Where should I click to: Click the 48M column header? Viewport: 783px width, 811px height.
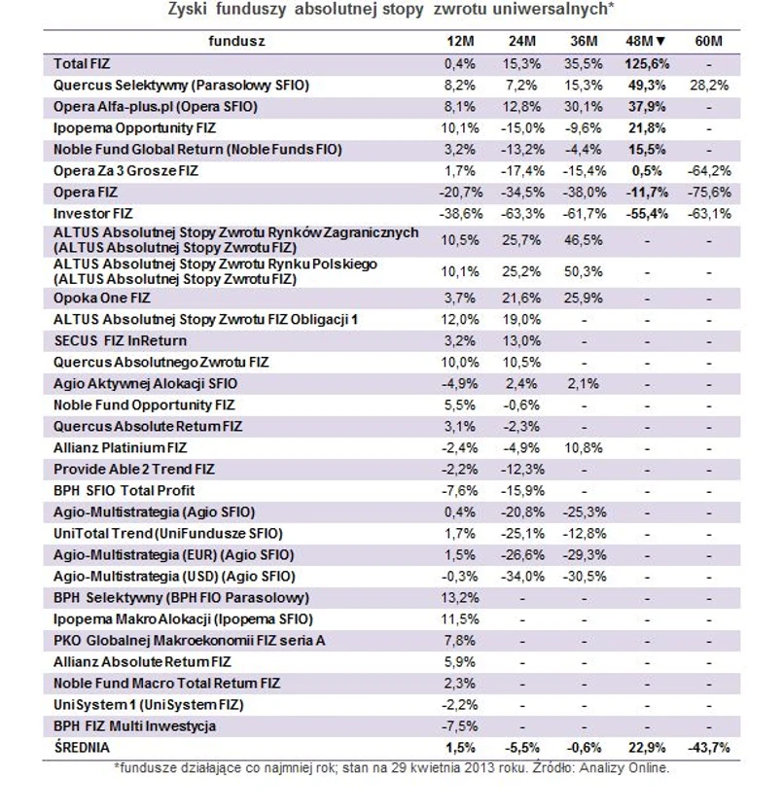(x=645, y=41)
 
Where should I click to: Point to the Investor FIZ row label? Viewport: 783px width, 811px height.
(x=93, y=213)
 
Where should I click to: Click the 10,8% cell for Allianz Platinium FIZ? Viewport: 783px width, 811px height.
(x=585, y=447)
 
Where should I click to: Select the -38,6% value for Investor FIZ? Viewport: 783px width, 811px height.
(x=458, y=213)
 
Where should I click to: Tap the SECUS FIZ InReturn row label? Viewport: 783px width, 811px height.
(x=120, y=340)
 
